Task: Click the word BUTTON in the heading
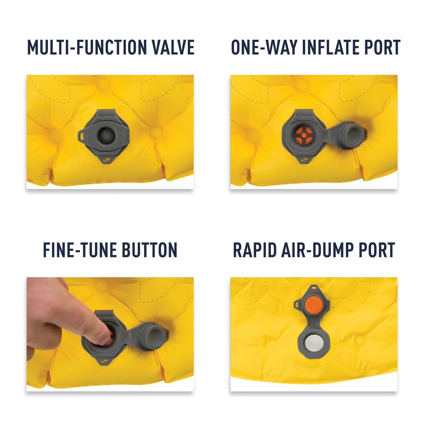coord(150,250)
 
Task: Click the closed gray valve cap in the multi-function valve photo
coord(106,135)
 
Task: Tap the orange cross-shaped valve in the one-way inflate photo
coord(304,135)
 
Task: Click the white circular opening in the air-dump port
coord(314,343)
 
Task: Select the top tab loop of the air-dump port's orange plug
coord(314,288)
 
